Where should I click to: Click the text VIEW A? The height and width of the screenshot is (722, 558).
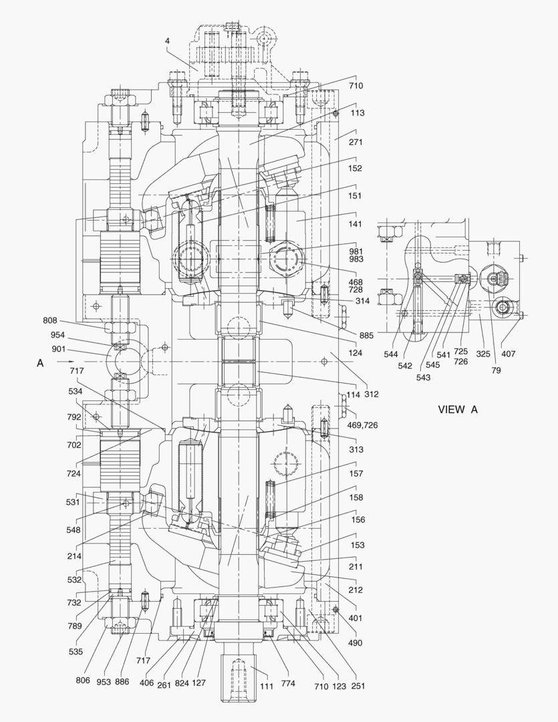(458, 409)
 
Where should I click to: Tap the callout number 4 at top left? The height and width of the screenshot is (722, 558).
(167, 41)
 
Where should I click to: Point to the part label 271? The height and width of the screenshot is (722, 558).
(356, 142)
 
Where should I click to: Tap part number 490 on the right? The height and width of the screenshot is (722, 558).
(356, 642)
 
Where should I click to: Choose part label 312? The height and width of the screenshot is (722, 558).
(372, 394)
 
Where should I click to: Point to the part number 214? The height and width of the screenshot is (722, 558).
(74, 556)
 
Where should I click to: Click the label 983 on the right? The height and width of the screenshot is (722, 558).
(356, 259)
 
